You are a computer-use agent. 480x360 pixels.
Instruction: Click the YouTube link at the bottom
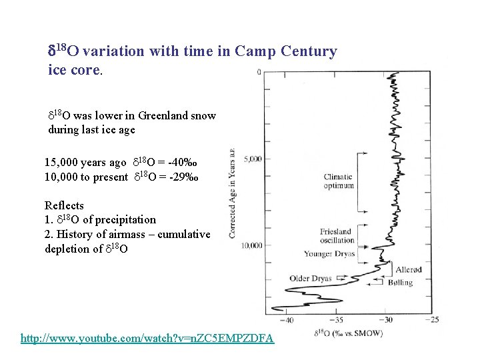coord(147,338)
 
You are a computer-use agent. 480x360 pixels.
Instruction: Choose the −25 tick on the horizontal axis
coord(433,320)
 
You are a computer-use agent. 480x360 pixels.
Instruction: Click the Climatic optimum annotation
coord(338,181)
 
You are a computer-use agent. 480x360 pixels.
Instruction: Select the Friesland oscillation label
coord(336,236)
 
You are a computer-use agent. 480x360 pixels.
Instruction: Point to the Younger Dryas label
coord(329,254)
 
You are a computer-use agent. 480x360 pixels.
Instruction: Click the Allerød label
coord(408,270)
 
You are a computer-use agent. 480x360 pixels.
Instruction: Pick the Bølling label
coord(400,283)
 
